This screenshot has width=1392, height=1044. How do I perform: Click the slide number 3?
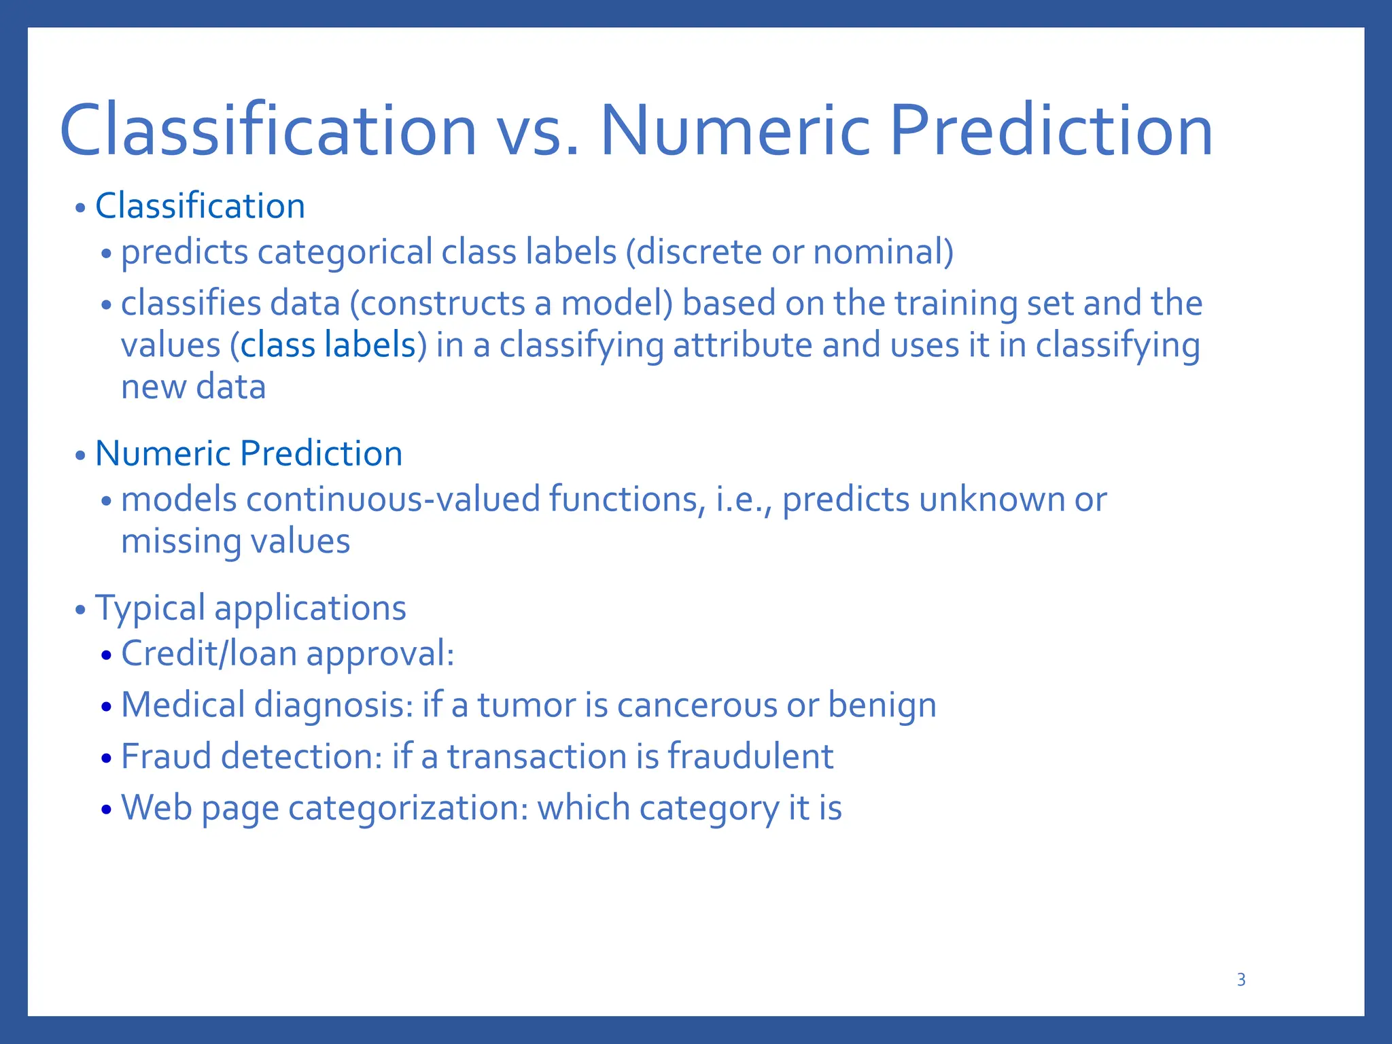1240,979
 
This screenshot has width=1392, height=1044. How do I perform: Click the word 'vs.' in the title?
538,130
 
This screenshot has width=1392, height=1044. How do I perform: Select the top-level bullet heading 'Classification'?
200,206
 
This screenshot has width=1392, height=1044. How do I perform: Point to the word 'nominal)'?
883,252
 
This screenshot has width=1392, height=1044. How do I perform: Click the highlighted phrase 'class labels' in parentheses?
328,345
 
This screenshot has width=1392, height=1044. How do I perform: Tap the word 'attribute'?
742,345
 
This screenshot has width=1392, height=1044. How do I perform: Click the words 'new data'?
193,387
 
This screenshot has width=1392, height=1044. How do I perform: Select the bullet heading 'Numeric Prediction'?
249,453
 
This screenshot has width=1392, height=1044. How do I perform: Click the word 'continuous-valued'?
393,500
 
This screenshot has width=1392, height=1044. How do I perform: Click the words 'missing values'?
235,542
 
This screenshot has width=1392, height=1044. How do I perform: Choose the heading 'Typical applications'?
250,608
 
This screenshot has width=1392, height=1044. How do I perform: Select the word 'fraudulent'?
750,756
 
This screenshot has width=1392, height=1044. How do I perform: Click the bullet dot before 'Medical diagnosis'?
105,708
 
